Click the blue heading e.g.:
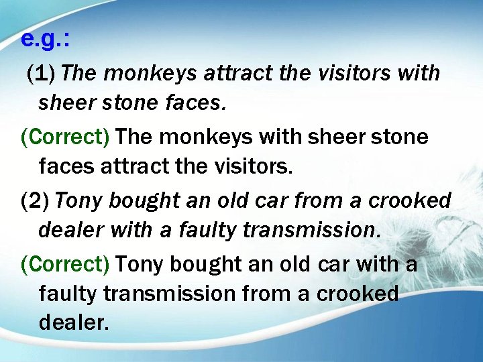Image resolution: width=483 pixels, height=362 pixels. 45,40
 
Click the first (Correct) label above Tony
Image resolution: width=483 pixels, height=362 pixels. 64,137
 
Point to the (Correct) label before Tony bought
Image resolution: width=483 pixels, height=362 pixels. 64,264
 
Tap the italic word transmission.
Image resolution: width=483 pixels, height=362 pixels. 312,230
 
